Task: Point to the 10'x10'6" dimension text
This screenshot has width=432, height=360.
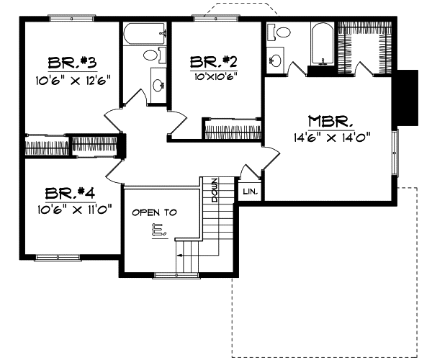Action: tap(213, 74)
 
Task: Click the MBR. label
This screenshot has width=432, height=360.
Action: tap(330, 120)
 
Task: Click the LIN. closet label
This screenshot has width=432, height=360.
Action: tap(250, 192)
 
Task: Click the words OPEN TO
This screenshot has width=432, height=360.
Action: tap(154, 213)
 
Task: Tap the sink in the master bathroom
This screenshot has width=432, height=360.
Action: tap(276, 60)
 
